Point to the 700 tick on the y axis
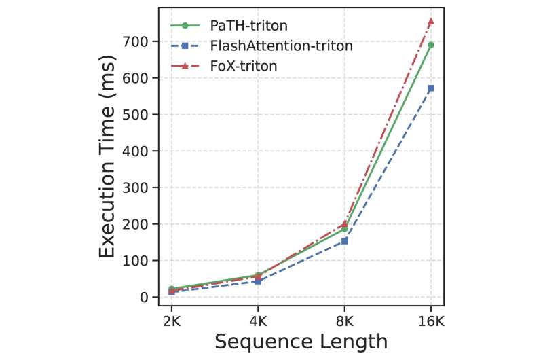coord(142,41)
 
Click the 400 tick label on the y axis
coord(142,151)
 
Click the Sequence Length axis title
coord(301,341)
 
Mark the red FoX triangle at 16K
coord(430,22)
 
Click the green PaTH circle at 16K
coord(430,45)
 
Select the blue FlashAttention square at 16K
coord(430,88)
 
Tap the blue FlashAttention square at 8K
coord(344,240)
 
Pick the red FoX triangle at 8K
coord(344,223)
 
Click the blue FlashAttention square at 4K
coord(258,281)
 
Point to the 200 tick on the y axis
coord(142,224)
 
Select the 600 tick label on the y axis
coord(142,77)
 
